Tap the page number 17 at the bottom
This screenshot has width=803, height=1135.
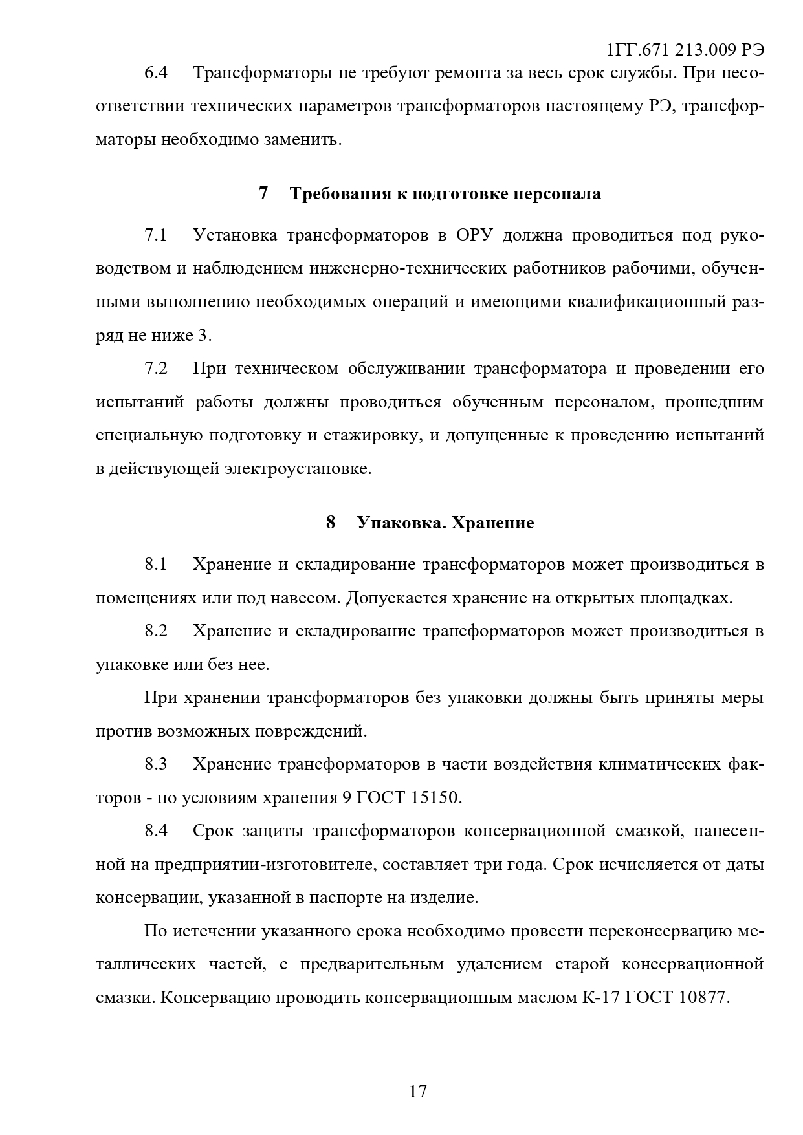[x=418, y=1091]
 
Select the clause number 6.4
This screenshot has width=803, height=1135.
[x=156, y=72]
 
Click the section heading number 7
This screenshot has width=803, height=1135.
[x=263, y=193]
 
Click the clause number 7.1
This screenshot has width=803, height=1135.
[x=156, y=235]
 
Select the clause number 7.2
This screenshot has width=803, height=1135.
[x=156, y=369]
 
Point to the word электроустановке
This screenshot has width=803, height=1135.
[x=298, y=469]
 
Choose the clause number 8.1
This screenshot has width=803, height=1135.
[x=156, y=565]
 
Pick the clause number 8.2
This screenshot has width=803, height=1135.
[x=156, y=631]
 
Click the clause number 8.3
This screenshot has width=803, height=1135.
[x=156, y=764]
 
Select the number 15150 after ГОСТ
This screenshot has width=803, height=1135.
[x=434, y=798]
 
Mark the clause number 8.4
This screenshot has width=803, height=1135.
[x=156, y=831]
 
